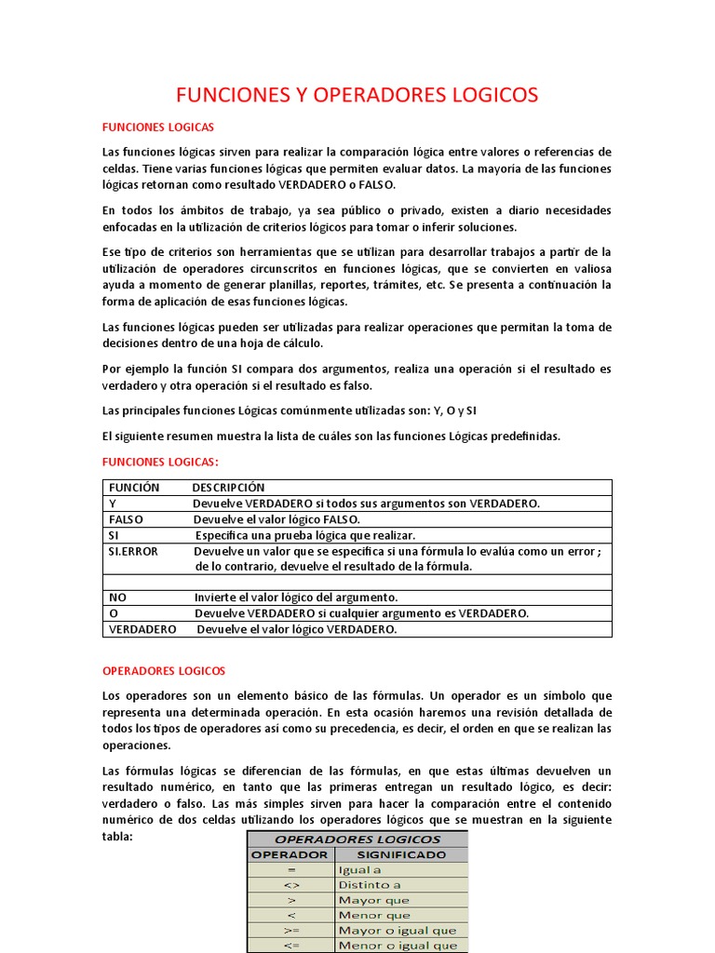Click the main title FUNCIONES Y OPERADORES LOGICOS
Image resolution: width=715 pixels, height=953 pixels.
pos(357,95)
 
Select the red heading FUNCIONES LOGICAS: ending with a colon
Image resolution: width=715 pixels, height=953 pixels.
pos(159,462)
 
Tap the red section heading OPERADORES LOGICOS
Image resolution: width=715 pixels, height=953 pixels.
pos(163,670)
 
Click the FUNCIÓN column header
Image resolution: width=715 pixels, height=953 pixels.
pos(134,488)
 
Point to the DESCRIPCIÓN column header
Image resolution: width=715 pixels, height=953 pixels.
pos(228,488)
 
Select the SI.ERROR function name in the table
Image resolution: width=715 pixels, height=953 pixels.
pos(133,551)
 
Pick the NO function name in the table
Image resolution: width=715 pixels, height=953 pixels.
pos(117,597)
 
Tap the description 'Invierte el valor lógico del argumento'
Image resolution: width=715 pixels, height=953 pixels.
pos(296,597)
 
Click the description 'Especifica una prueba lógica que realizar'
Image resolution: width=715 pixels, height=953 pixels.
pos(304,535)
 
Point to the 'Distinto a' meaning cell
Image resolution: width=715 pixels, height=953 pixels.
pos(370,885)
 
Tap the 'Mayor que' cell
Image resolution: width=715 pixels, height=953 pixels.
pos(373,900)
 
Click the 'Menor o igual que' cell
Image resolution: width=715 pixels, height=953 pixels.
pos(398,945)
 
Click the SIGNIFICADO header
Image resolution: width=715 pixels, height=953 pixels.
pos(401,854)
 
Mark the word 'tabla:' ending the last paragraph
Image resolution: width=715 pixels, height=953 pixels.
pos(118,836)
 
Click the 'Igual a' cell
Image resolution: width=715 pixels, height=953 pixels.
pos(359,870)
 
